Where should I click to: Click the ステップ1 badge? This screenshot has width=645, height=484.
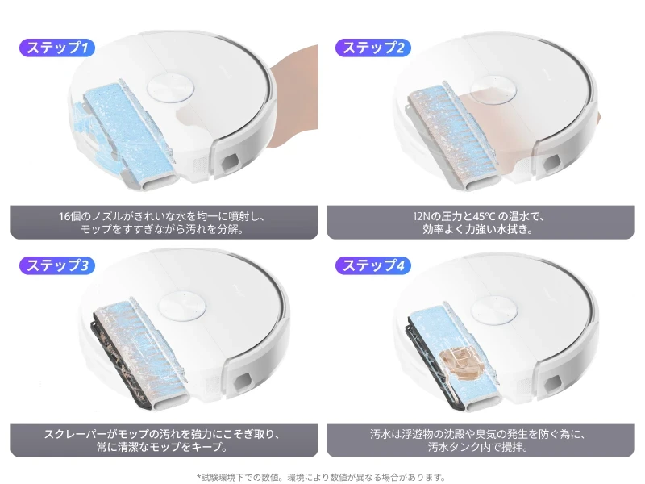point(57,48)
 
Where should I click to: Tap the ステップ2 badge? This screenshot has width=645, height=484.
point(373,48)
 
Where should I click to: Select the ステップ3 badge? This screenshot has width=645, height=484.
point(57,265)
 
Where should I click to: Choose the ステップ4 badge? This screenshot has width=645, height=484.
point(373,265)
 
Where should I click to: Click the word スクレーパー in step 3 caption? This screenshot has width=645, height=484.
point(73,434)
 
